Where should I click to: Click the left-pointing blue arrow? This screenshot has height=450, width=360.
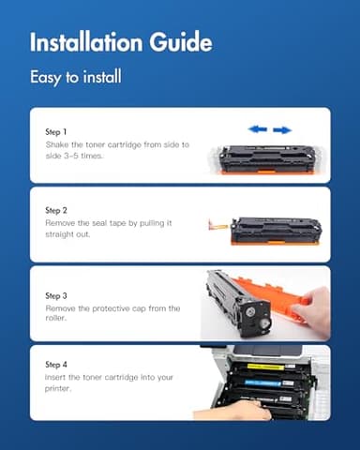coord(257,129)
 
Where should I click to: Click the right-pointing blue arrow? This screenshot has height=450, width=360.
coord(282,129)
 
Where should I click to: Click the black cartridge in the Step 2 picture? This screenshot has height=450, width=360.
coord(276,228)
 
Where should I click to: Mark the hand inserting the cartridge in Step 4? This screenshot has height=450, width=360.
coord(230,411)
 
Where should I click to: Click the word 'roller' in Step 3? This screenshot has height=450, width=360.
coord(58,318)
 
